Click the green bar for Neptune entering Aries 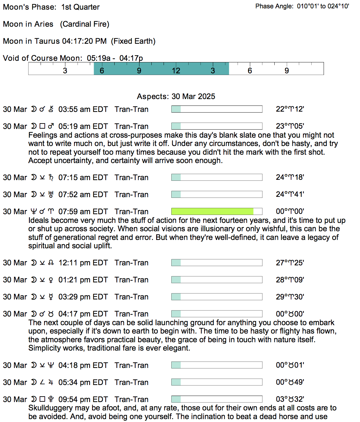pyautogui.click(x=213, y=211)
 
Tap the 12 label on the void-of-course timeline pyautogui.click(x=176, y=71)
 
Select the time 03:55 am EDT pyautogui.click(x=83, y=109)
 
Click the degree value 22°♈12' pyautogui.click(x=290, y=109)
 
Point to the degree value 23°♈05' pyautogui.click(x=290, y=126)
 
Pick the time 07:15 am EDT pyautogui.click(x=83, y=178)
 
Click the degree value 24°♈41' pyautogui.click(x=290, y=194)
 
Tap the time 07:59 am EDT pyautogui.click(x=83, y=212)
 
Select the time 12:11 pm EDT pyautogui.click(x=83, y=263)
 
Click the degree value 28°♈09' pyautogui.click(x=290, y=280)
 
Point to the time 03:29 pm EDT pyautogui.click(x=83, y=297)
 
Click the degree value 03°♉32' pyautogui.click(x=290, y=399)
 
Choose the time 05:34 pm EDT pyautogui.click(x=83, y=382)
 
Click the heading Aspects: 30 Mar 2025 pyautogui.click(x=176, y=96)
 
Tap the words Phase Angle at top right pyautogui.click(x=274, y=6)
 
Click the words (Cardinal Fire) pyautogui.click(x=85, y=24)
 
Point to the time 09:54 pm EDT pyautogui.click(x=83, y=399)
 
